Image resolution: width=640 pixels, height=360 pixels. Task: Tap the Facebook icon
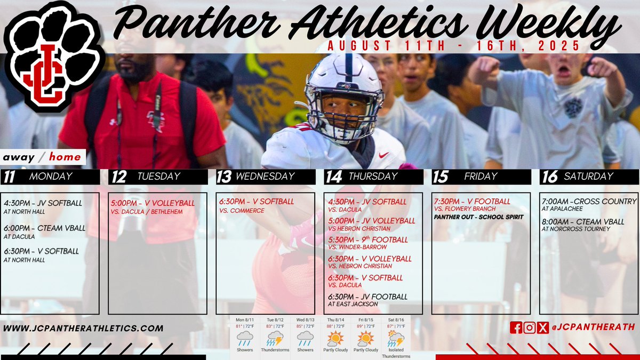tap(516, 328)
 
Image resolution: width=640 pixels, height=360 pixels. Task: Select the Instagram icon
tap(529, 328)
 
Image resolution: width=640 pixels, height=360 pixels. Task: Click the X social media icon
tap(542, 328)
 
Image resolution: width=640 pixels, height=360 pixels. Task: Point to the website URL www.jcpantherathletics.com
tap(83, 328)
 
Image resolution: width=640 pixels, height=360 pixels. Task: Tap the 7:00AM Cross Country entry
tap(588, 202)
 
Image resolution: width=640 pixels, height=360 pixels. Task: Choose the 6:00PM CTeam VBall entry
tap(45, 228)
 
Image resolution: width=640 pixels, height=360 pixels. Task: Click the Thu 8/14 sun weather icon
tap(335, 338)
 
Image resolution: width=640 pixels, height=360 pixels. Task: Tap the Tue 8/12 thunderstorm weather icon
tap(275, 338)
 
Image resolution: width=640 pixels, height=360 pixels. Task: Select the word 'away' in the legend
tap(19, 157)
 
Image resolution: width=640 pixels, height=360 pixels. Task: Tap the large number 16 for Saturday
tap(549, 177)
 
